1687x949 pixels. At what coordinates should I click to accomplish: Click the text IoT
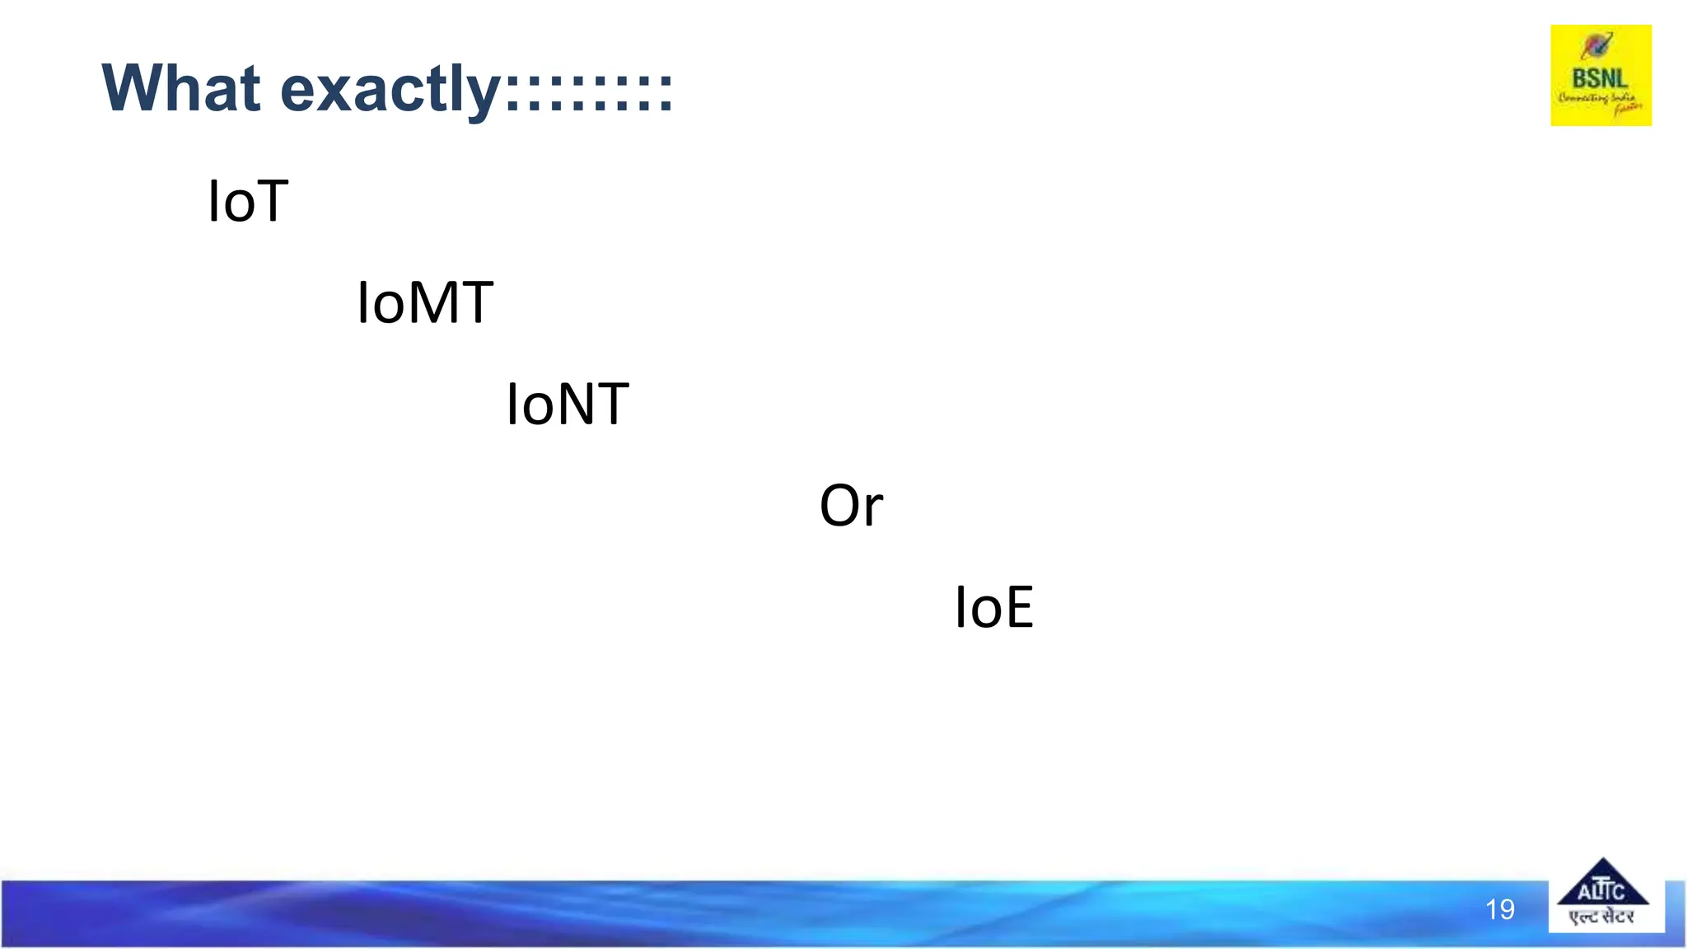point(248,201)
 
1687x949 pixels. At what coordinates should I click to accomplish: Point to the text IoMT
point(425,302)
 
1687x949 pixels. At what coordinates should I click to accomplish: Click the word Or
point(851,505)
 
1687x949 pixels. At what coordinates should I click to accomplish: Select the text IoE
point(993,607)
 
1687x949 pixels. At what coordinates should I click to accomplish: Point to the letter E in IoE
point(1017,607)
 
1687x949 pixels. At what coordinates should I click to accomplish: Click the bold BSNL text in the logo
point(1600,79)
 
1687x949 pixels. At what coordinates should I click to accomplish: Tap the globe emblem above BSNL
point(1596,46)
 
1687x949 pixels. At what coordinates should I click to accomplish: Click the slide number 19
point(1499,909)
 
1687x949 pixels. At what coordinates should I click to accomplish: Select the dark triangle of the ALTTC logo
point(1602,883)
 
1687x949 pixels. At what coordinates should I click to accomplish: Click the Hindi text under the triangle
point(1601,917)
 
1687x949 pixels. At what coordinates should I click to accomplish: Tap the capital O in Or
point(839,505)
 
